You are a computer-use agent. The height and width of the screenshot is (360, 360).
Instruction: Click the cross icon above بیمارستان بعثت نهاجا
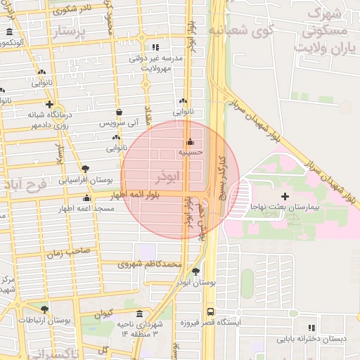coord(285,195)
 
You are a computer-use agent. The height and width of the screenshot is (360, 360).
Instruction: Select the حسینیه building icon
coord(190,141)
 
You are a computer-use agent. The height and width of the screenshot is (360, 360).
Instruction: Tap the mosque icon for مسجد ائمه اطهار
coord(87,198)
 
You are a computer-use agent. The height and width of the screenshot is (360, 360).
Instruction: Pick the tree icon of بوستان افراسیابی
coord(85,169)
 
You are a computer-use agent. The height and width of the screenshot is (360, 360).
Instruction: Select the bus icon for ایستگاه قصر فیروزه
coord(210,311)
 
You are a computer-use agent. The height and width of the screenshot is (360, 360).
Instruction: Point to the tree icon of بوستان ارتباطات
coord(44,309)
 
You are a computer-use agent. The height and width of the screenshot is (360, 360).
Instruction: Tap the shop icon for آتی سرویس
coord(118,112)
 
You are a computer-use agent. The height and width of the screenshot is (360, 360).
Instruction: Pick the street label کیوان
coord(103,313)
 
